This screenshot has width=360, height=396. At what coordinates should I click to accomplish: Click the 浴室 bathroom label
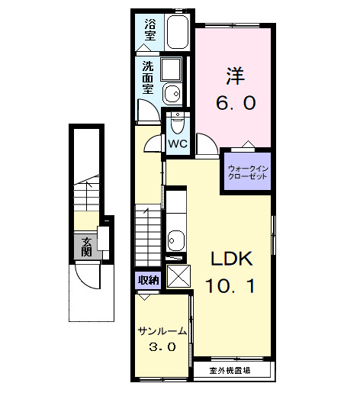[149, 30]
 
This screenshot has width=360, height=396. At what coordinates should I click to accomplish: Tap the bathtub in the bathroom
[176, 33]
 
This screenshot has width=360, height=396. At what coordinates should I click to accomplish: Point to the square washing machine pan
[171, 70]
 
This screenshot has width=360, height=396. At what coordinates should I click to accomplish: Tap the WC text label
[178, 143]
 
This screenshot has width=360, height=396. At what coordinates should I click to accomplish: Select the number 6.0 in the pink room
[234, 102]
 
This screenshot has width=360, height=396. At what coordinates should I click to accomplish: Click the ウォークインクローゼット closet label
[248, 172]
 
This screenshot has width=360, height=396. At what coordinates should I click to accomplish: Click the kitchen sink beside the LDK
[176, 240]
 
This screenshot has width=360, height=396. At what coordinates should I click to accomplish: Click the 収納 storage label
[147, 280]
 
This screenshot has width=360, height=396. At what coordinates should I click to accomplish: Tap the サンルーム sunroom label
[162, 331]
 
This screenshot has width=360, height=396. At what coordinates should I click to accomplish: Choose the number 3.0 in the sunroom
[162, 347]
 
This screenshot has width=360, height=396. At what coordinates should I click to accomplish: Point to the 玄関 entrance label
[87, 246]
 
